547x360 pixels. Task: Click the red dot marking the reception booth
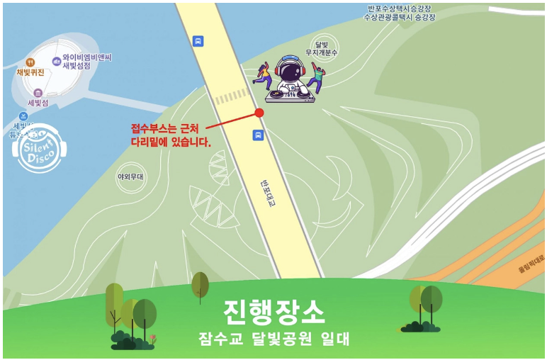point(259,113)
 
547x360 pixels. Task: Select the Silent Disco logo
point(39,150)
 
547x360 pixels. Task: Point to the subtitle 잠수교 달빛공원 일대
point(274,339)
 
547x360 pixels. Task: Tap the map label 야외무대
point(130,176)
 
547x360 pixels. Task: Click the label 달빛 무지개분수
point(321,48)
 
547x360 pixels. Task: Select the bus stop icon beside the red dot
point(259,135)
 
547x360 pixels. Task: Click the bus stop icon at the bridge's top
point(198,40)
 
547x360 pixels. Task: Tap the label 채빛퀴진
point(30,72)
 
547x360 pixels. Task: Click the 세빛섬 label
point(38,103)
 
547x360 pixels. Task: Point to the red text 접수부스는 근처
point(167,128)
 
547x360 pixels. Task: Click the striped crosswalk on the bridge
point(232,96)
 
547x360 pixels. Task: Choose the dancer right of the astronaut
point(317,77)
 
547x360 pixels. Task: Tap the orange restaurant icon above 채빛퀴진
point(30,62)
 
